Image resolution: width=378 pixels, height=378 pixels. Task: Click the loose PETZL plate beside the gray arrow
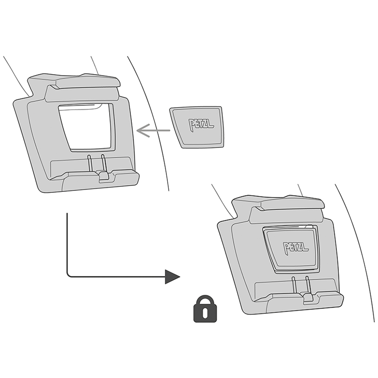[x=197, y=127]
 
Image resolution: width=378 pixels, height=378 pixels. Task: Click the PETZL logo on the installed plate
[x=296, y=248]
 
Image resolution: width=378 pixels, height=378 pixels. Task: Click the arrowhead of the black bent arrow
[x=172, y=276]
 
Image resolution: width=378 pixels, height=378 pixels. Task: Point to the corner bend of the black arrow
[x=69, y=275]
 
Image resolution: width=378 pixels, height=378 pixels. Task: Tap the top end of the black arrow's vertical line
[x=68, y=214]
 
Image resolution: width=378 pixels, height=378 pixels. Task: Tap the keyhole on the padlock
[x=204, y=313]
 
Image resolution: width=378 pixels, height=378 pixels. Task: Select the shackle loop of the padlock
[x=204, y=301]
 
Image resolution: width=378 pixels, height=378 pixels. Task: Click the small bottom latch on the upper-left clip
[x=104, y=177]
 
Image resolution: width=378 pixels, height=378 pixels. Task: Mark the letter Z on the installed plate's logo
[x=301, y=248]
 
